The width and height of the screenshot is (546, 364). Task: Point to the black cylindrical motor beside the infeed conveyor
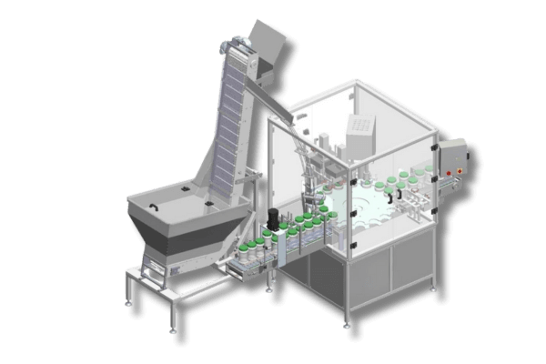271,217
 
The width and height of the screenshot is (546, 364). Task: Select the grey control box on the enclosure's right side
452,160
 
